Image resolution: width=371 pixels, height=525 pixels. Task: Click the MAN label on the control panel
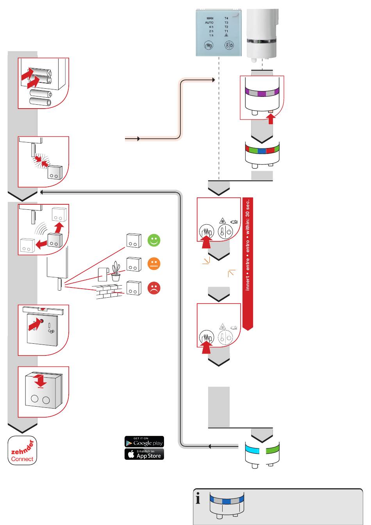[x=210, y=18]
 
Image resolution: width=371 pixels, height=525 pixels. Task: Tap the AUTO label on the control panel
[x=209, y=23]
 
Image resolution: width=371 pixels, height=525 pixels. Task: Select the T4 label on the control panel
[x=227, y=18]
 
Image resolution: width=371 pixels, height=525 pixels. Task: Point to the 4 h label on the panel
[x=211, y=27]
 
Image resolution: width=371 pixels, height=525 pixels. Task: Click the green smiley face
[x=154, y=241]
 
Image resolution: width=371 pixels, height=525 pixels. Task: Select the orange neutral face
[x=154, y=264]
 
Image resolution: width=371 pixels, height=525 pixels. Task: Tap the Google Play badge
[x=144, y=442]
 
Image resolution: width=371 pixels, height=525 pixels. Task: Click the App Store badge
[x=144, y=454]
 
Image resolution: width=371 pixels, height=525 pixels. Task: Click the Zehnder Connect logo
[x=23, y=450]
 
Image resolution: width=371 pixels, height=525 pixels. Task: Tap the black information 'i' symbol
[x=198, y=499]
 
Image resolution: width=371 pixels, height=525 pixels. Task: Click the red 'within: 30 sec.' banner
[x=248, y=264]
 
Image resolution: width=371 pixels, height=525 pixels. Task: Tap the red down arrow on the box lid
[x=40, y=380]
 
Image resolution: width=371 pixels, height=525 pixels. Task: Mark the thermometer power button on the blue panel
[x=229, y=45]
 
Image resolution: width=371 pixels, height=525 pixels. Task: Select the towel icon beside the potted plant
[x=103, y=274]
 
